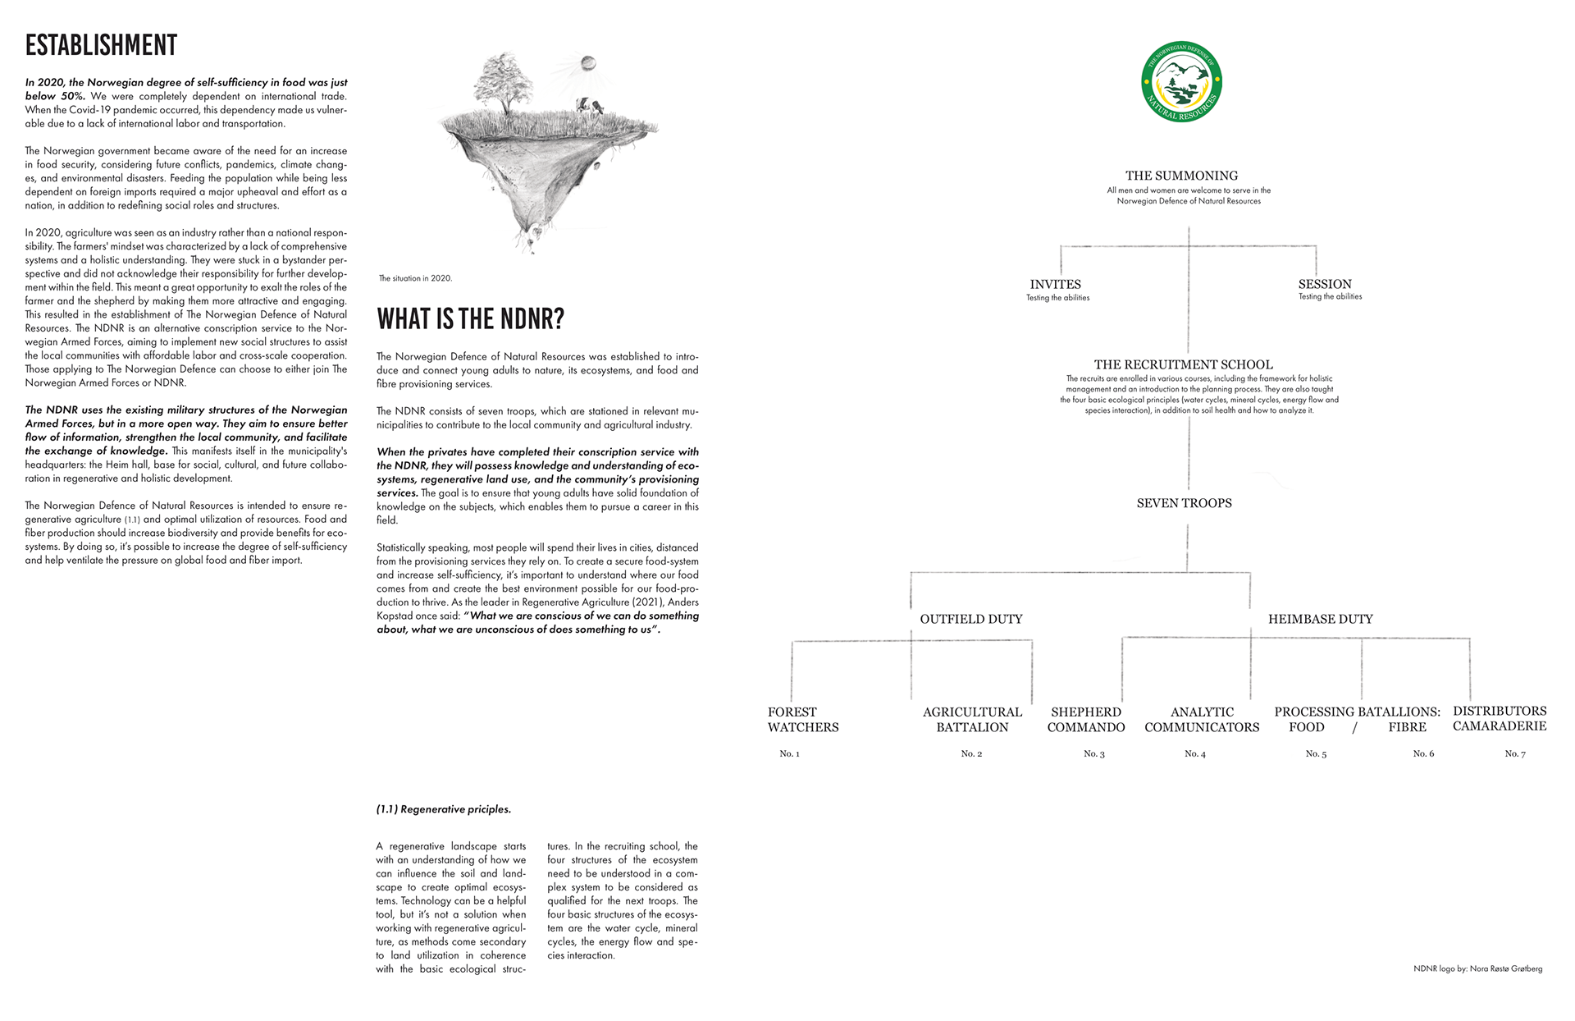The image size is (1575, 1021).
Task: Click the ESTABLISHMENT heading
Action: [x=101, y=45]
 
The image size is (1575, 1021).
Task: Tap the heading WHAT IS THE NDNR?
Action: [x=470, y=318]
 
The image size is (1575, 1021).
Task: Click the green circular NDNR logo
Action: [x=1181, y=83]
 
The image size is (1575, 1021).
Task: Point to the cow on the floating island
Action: [x=590, y=106]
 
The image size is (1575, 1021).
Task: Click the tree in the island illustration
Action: [x=501, y=82]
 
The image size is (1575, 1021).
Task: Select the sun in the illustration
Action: [x=587, y=63]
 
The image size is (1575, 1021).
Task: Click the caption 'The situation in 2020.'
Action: [x=415, y=278]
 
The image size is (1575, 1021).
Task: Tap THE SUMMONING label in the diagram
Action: [x=1181, y=176]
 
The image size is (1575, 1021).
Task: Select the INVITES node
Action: [x=1056, y=285]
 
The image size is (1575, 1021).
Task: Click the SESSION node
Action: [x=1325, y=284]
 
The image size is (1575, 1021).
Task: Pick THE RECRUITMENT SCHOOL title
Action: [x=1183, y=364]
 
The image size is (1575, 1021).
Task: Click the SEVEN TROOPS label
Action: [x=1184, y=503]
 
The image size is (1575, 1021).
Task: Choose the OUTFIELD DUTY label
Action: [x=971, y=619]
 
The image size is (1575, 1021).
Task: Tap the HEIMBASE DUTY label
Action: [x=1320, y=619]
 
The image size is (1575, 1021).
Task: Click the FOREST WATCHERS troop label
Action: [x=802, y=720]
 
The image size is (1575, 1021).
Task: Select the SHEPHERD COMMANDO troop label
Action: [x=1086, y=720]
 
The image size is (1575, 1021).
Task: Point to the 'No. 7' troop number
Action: [x=1514, y=753]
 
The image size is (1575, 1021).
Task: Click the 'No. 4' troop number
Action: [x=1194, y=753]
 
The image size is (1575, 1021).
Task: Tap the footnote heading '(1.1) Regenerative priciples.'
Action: [x=443, y=809]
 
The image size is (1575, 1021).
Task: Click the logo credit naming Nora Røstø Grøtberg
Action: [x=1477, y=968]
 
